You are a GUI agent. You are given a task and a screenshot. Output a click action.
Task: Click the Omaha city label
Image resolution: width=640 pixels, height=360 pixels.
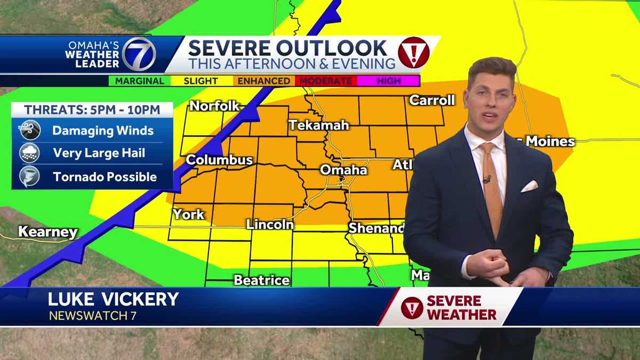343,170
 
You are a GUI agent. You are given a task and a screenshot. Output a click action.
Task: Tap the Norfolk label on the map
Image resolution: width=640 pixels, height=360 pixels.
214,106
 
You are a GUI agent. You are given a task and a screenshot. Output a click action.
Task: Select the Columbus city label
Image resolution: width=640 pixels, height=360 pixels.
219,160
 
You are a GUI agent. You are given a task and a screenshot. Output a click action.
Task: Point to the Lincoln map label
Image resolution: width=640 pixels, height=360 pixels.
270,225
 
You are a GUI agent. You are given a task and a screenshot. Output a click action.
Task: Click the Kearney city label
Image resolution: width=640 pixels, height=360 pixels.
48,232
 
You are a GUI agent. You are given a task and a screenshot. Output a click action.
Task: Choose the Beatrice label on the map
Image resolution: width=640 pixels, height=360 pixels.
261,280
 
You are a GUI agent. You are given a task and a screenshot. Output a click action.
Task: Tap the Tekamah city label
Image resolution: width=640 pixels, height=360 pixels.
319,125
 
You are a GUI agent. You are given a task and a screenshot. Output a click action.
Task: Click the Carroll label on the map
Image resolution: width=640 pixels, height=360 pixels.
432,100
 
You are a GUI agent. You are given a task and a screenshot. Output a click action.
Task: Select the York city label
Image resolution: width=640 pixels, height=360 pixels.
188,214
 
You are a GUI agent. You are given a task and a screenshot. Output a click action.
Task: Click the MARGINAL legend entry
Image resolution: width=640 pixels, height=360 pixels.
137,81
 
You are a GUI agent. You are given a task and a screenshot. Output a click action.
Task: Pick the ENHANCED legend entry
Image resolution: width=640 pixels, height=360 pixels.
264,81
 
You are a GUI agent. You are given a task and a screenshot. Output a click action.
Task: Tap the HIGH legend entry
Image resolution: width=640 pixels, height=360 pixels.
389,81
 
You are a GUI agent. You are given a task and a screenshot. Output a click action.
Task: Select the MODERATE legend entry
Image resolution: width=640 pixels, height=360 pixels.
325,81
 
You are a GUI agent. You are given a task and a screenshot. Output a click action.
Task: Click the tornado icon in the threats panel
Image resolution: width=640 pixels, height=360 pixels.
29,177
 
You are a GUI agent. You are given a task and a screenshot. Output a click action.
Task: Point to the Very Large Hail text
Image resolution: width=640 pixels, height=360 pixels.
99,154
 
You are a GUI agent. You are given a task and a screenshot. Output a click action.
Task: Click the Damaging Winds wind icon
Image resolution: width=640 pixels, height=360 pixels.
29,131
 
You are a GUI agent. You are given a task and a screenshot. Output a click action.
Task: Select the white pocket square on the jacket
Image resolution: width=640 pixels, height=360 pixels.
529,186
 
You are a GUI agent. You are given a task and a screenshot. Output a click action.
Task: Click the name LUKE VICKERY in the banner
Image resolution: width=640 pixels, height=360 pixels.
113,299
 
